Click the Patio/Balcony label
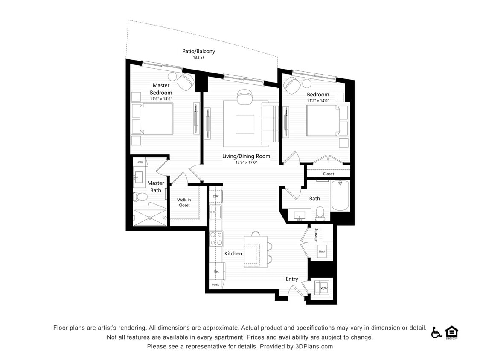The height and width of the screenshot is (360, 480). click(x=198, y=51)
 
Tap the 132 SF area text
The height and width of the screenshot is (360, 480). click(x=198, y=57)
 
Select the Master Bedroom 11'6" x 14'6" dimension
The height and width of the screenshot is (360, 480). click(x=161, y=99)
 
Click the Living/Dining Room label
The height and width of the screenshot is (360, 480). click(x=246, y=156)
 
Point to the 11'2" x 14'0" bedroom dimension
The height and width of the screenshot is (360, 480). click(x=317, y=101)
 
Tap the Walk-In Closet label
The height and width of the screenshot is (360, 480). click(x=184, y=202)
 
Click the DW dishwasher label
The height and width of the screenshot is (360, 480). click(x=215, y=196)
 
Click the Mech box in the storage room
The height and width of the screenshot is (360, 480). click(x=322, y=252)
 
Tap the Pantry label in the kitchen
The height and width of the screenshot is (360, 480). click(x=216, y=285)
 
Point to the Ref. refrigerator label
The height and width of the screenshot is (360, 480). click(x=216, y=271)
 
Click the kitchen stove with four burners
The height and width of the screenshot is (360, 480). click(x=216, y=238)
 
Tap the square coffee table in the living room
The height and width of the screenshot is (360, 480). click(x=245, y=124)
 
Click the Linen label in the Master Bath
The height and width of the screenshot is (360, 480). click(x=140, y=162)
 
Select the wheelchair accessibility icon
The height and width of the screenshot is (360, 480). click(x=436, y=332)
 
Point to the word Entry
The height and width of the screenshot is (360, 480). click(x=292, y=279)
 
